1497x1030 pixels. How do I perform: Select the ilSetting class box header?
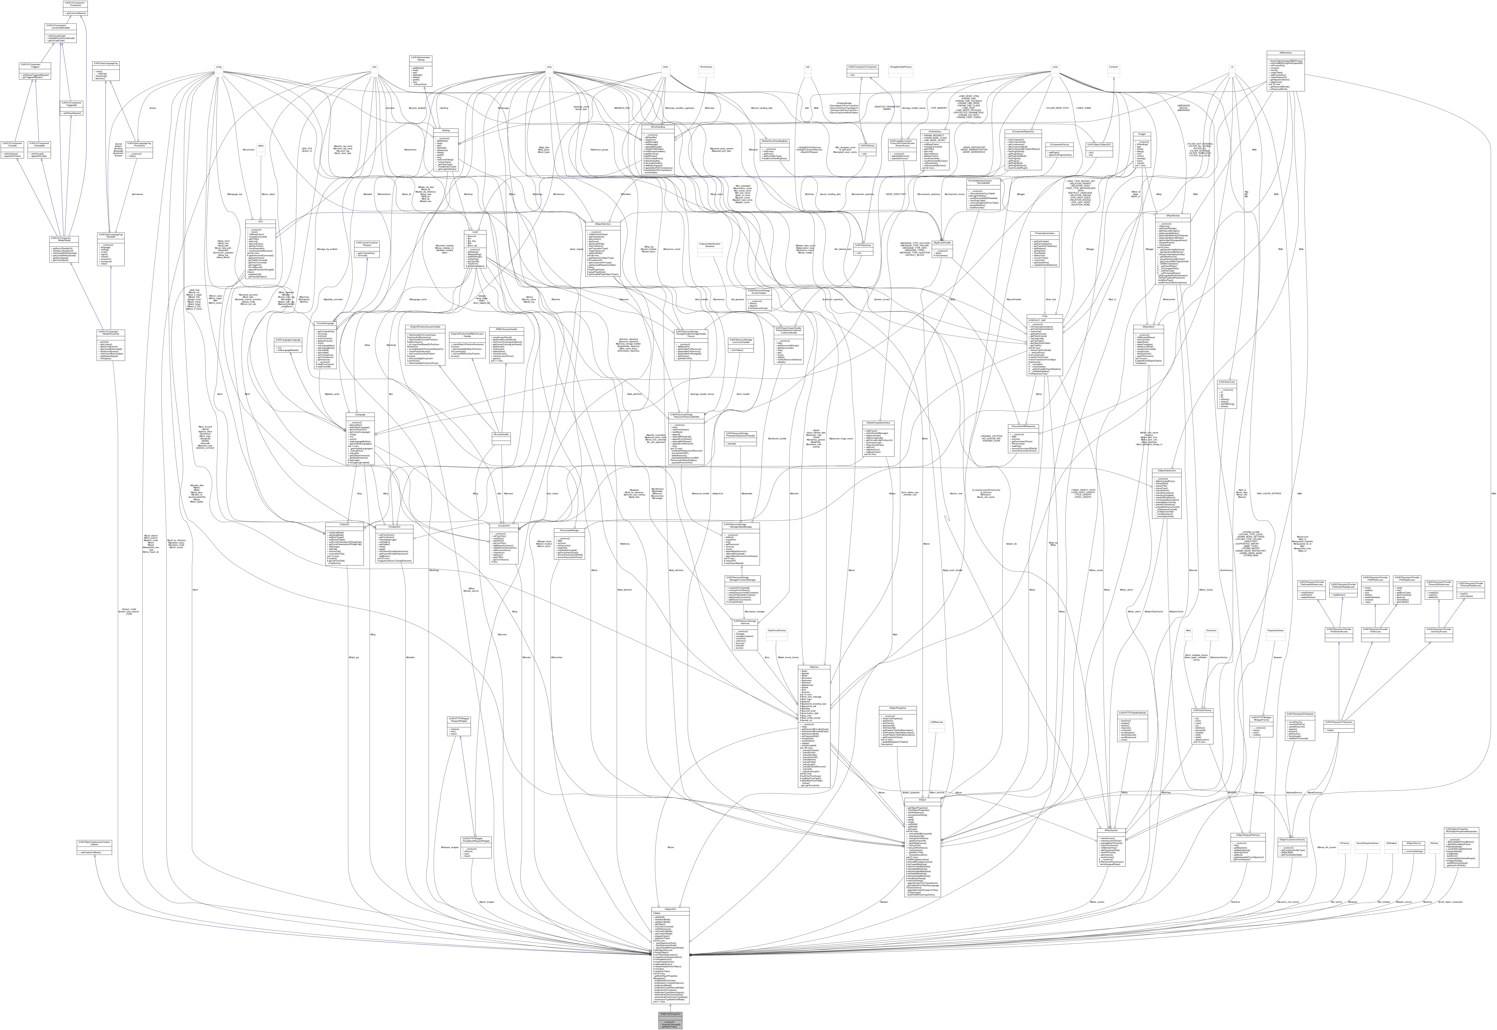pos(445,130)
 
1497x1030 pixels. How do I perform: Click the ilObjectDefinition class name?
pos(602,224)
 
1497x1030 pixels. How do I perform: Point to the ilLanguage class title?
pos(360,414)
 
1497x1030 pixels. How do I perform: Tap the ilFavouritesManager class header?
pos(570,530)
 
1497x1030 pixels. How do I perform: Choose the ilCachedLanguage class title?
pos(324,323)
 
